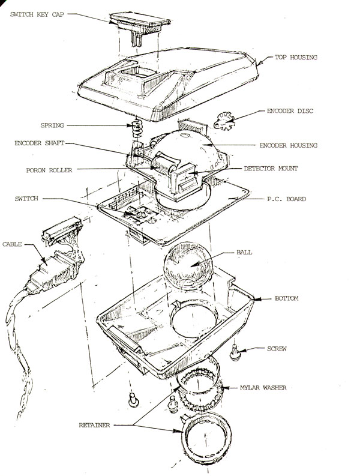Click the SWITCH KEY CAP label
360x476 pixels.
[x=37, y=14]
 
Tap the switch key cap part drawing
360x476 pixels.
[x=140, y=26]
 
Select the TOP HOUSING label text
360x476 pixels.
[x=296, y=57]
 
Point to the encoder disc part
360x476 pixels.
[x=224, y=121]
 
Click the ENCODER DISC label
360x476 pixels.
[x=290, y=111]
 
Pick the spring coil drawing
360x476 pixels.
[x=137, y=128]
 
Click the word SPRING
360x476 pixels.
[x=52, y=125]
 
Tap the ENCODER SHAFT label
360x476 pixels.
[x=40, y=143]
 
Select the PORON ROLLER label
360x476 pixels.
[x=49, y=170]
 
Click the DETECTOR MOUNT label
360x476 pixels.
[x=271, y=168]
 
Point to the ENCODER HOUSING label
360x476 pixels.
[x=289, y=145]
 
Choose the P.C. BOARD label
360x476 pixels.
[x=287, y=199]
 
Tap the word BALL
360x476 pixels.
[x=244, y=252]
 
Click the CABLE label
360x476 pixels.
[x=12, y=244]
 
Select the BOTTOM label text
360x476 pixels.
[x=287, y=298]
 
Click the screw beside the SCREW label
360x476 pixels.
[x=235, y=353]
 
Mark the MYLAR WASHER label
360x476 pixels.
[x=263, y=388]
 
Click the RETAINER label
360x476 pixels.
[x=94, y=426]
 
